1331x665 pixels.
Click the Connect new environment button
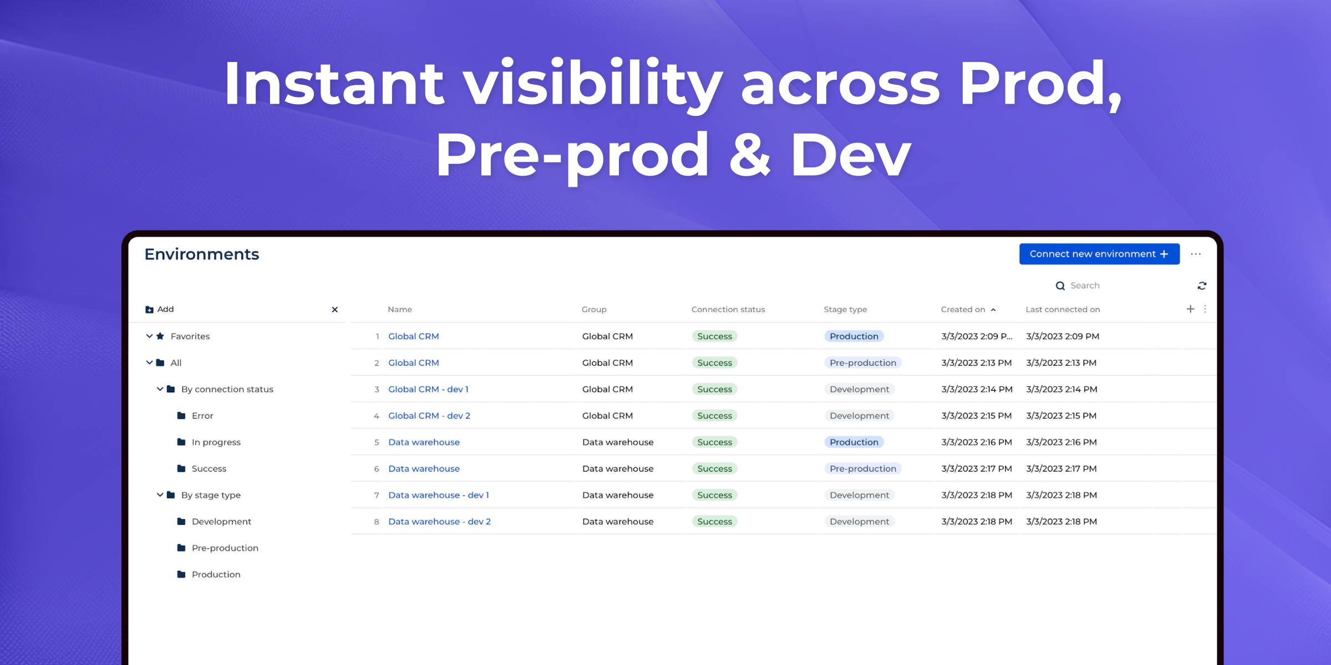[1099, 254]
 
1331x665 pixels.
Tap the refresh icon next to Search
[1202, 286]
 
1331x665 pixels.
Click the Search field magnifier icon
[1060, 286]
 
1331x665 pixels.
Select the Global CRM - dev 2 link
[429, 416]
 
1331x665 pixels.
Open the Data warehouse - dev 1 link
[439, 495]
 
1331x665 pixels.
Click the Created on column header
[963, 309]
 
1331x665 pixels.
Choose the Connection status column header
[728, 309]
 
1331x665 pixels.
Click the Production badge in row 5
[854, 442]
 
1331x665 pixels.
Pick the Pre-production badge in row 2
[863, 363]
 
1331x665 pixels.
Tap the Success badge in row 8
[715, 521]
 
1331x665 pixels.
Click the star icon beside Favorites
[160, 336]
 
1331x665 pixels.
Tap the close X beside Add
[334, 310]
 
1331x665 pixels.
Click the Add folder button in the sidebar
[160, 309]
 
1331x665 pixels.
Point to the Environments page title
[202, 254]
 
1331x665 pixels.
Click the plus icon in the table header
[1190, 309]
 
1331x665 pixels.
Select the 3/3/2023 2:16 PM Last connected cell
[1061, 442]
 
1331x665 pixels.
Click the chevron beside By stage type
[160, 495]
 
